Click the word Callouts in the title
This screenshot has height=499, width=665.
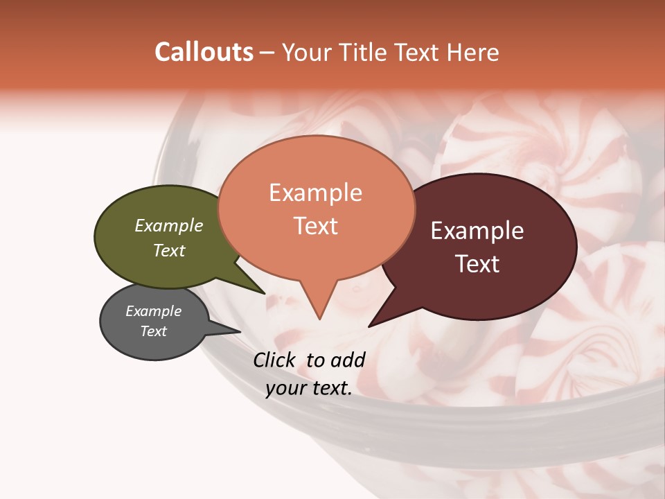(x=204, y=52)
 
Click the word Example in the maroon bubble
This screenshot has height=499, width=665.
(x=477, y=231)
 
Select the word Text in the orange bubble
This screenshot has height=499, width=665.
(x=316, y=226)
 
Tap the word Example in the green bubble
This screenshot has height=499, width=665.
(x=169, y=225)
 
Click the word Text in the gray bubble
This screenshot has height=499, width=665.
(x=154, y=331)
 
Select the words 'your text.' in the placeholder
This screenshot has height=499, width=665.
(x=309, y=388)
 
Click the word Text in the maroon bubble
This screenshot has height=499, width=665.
(x=478, y=264)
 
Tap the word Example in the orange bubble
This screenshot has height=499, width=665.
(x=316, y=192)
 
